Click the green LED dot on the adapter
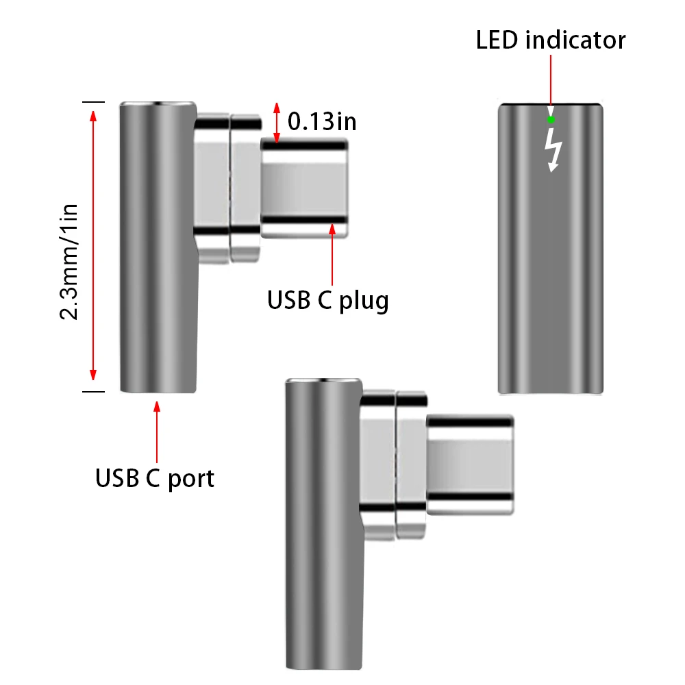pyautogui.click(x=551, y=119)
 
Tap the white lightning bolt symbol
pyautogui.click(x=553, y=149)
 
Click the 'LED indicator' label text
pyautogui.click(x=551, y=40)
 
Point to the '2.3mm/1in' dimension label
pyautogui.click(x=71, y=261)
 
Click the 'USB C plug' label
pyautogui.click(x=328, y=300)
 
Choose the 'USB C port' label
pyautogui.click(x=155, y=477)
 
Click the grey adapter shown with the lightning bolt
pyautogui.click(x=551, y=274)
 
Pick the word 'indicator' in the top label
pyautogui.click(x=575, y=40)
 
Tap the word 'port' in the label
pyautogui.click(x=189, y=477)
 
